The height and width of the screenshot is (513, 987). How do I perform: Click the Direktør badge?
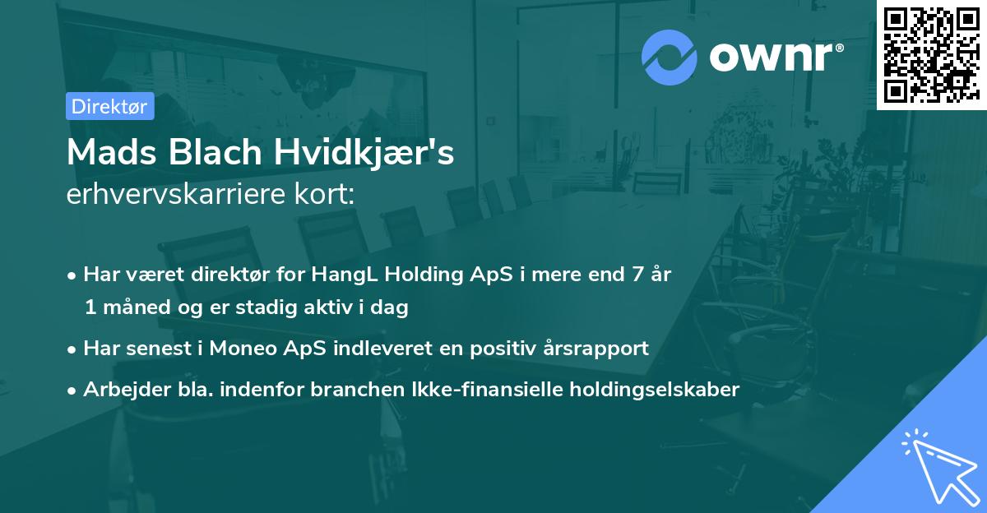pos(109,106)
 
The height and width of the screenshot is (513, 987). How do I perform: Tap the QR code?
pos(931,55)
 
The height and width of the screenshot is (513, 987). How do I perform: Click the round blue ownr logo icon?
pos(669,58)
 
